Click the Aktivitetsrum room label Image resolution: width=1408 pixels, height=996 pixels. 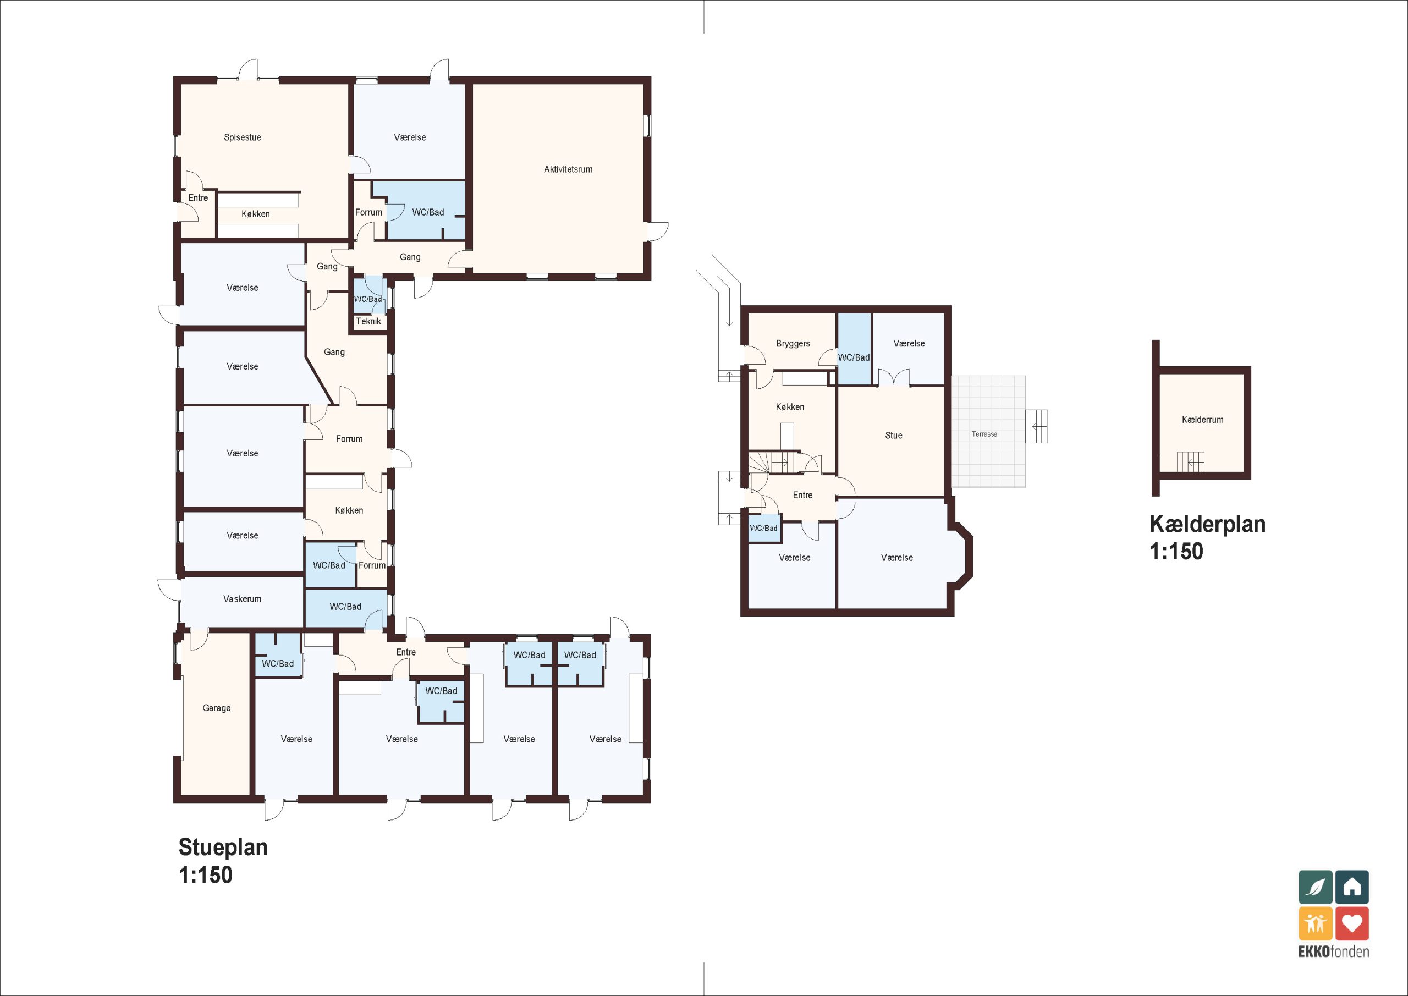pyautogui.click(x=568, y=169)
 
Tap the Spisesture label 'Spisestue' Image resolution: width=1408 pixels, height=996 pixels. pyautogui.click(x=242, y=137)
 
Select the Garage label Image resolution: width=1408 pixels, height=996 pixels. pyautogui.click(x=217, y=708)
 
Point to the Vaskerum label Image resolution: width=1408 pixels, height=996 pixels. pyautogui.click(x=242, y=598)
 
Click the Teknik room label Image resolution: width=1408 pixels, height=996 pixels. pyautogui.click(x=369, y=321)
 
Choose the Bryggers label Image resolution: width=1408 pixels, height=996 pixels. pyautogui.click(x=793, y=343)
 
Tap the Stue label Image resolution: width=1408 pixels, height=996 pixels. pyautogui.click(x=894, y=436)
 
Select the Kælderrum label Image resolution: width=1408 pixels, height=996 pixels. pyautogui.click(x=1202, y=420)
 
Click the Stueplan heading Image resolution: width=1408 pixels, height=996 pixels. pyautogui.click(x=223, y=847)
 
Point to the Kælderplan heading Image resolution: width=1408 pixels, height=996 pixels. pyautogui.click(x=1207, y=524)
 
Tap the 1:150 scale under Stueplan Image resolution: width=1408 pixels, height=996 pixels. pyautogui.click(x=206, y=874)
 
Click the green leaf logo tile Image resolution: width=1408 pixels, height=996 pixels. pyautogui.click(x=1316, y=887)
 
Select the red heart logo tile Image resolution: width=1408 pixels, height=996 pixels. pyautogui.click(x=1352, y=923)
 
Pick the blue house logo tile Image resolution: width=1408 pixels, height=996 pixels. pyautogui.click(x=1352, y=887)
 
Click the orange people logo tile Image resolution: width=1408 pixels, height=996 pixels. pyautogui.click(x=1316, y=923)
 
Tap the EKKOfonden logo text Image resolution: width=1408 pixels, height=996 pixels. pyautogui.click(x=1334, y=952)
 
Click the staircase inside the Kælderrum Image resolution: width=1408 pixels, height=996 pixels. pyautogui.click(x=1190, y=462)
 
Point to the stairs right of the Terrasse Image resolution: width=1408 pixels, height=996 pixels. pyautogui.click(x=1036, y=426)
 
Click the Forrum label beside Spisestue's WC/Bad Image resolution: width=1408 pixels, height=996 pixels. pyautogui.click(x=369, y=212)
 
